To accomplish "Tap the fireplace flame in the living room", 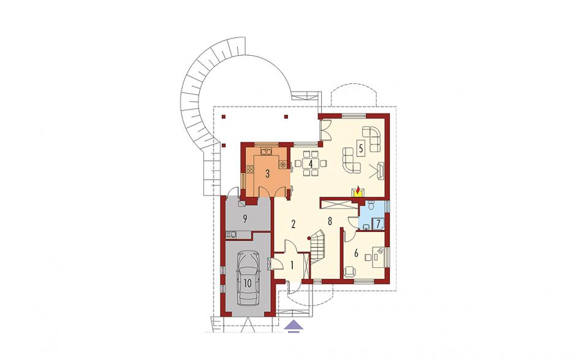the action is click(357, 190).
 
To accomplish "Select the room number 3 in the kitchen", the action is click(267, 174).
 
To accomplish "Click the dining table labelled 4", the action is click(311, 163).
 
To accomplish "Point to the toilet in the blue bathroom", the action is click(370, 206).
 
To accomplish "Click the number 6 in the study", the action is click(356, 253).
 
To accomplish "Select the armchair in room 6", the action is click(350, 272).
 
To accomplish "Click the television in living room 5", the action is click(381, 171).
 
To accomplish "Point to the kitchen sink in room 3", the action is click(266, 151).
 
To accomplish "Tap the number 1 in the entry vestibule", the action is click(292, 266).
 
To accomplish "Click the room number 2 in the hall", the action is click(293, 224).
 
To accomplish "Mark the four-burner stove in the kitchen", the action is click(250, 169).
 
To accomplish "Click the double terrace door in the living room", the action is click(325, 129).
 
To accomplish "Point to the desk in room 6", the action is click(379, 257).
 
